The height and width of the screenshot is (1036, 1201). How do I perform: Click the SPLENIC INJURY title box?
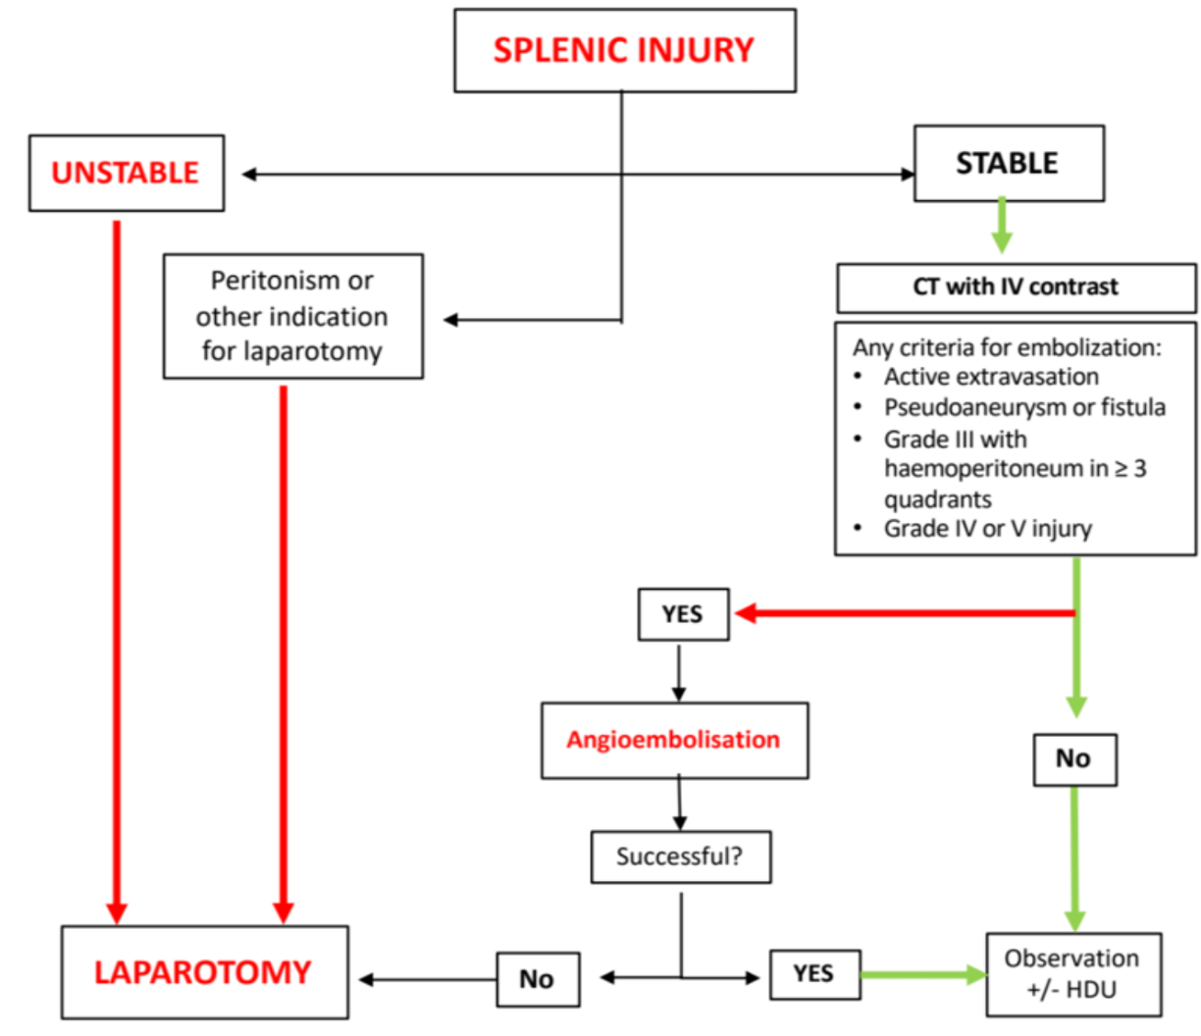pos(624,51)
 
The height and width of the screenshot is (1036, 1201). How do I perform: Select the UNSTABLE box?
pos(126,173)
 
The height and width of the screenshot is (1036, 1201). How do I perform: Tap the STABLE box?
pos(1008,163)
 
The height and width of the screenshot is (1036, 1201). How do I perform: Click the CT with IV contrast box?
pos(1016,287)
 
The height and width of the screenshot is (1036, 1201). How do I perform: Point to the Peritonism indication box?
pos(292,316)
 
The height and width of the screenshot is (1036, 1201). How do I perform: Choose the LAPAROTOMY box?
pos(204,972)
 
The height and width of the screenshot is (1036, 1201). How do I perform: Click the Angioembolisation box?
pos(674,740)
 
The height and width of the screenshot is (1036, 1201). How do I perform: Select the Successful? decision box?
pos(680,856)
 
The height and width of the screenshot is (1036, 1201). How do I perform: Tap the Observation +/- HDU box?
pos(1072,973)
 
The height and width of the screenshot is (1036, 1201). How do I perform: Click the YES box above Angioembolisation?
pos(683,614)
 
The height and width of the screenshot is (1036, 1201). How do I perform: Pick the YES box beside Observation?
pos(813,974)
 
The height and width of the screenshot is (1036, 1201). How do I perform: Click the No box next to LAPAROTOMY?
pos(537,978)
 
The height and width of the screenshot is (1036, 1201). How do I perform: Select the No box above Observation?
pos(1073,758)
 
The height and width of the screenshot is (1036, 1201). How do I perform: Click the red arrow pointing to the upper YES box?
pos(903,614)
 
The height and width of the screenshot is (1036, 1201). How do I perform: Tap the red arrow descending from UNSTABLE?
pos(117,569)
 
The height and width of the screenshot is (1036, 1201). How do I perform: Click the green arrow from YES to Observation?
pos(922,974)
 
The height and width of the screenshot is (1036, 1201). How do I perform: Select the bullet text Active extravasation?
pos(991,377)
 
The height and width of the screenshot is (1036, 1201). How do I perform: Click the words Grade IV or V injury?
pos(987,529)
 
